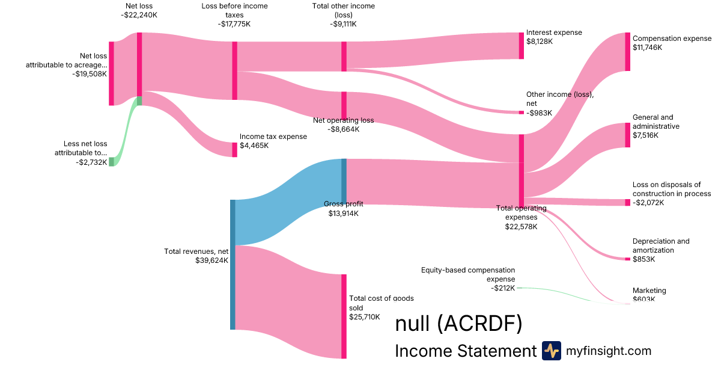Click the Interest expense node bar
522,46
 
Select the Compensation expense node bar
627,52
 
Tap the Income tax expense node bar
234,150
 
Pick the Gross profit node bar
344,180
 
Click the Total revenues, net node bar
233,265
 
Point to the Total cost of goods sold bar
344,316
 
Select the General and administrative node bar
627,135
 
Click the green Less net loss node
111,161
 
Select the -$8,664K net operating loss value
343,129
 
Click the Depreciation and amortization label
661,245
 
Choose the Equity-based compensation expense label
468,275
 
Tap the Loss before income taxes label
234,11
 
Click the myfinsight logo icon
551,351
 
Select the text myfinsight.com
609,351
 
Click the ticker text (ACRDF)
479,324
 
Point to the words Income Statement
465,351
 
